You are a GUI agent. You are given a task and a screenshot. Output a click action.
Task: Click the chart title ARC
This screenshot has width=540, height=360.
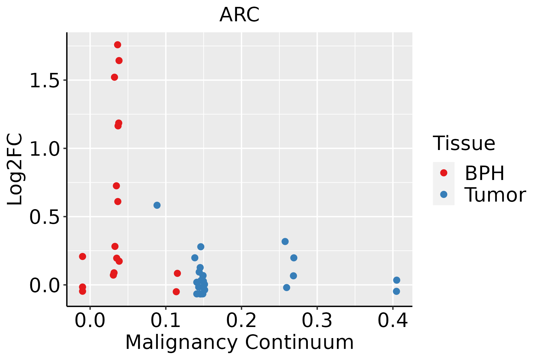239,15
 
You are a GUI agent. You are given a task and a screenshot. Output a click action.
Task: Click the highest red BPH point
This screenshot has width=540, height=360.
118,45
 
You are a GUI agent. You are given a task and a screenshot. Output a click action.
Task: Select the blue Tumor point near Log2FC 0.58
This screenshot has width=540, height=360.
157,205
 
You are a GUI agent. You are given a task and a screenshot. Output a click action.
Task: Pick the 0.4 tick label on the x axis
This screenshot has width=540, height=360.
392,320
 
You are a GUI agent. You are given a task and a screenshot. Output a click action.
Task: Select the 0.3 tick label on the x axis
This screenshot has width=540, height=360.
317,320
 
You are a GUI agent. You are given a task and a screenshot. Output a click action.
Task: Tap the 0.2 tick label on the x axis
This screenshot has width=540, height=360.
241,320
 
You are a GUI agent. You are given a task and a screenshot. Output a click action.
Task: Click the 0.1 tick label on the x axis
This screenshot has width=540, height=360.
166,320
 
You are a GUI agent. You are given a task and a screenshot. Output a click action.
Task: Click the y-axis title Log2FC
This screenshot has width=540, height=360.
15,169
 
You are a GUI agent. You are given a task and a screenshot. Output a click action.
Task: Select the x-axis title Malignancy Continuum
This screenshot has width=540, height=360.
239,342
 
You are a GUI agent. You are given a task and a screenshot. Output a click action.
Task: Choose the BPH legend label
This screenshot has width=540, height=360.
484,173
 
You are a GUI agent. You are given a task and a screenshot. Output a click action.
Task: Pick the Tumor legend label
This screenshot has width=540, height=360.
495,195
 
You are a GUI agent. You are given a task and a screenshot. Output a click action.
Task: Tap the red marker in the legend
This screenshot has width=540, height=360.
444,173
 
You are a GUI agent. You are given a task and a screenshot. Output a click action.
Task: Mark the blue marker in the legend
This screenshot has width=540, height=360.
444,194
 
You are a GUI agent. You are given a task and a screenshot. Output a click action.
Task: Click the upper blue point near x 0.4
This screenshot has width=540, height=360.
397,280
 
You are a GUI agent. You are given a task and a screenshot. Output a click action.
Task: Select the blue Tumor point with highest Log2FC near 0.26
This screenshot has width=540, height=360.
285,241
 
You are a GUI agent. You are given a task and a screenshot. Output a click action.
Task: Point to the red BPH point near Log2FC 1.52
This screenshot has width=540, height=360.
115,77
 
